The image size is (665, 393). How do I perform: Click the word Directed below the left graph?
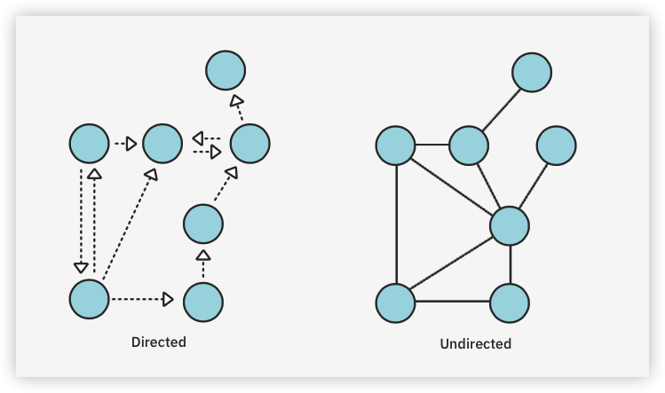tap(159, 342)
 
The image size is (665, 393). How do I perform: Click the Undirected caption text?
tap(476, 343)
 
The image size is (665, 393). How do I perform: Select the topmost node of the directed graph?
tap(226, 70)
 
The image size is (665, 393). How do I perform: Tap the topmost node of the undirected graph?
tap(532, 73)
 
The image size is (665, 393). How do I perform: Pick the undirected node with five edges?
tap(510, 225)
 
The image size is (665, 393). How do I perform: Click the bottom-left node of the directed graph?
tap(89, 299)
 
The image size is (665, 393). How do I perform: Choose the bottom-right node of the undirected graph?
tap(510, 303)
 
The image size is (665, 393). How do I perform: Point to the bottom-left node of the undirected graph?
tap(396, 303)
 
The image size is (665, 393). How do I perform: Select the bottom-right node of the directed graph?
tap(203, 301)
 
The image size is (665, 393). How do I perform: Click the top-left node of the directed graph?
tap(89, 143)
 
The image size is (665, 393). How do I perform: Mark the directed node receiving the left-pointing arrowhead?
tap(162, 143)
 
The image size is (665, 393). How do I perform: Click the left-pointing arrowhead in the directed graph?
tap(199, 138)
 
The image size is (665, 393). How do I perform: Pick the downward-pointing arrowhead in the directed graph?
tap(81, 266)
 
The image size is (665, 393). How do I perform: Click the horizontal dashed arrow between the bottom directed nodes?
tap(140, 300)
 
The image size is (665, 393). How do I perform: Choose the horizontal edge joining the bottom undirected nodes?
tap(453, 303)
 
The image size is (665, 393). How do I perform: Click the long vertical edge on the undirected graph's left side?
tap(396, 224)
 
